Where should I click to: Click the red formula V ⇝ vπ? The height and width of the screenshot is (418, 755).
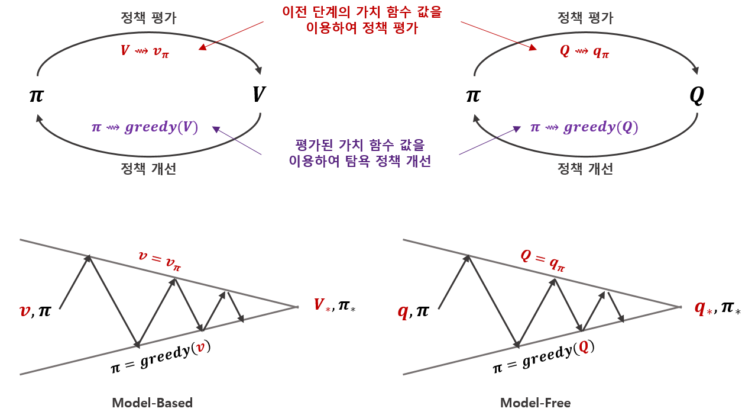145,51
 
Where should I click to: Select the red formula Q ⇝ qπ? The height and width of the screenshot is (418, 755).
584,52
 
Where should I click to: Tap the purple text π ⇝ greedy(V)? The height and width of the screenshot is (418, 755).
144,127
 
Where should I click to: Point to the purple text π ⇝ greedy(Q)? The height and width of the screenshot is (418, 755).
584,127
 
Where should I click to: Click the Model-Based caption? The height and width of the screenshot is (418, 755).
152,403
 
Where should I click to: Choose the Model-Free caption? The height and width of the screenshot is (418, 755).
535,403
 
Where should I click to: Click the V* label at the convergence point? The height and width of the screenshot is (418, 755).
322,306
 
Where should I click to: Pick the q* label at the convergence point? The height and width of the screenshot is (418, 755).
703,308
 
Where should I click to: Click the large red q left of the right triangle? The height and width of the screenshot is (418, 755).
403,312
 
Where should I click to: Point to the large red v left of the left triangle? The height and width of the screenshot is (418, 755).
25,310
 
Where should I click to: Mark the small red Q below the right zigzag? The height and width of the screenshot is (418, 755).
584,348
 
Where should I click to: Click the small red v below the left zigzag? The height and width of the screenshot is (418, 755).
200,348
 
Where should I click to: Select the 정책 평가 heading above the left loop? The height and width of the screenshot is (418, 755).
148,18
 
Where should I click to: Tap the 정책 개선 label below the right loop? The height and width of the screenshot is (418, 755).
585,169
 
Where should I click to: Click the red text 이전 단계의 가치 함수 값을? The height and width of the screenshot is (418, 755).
361,12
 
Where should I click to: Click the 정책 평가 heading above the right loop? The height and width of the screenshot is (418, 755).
585,18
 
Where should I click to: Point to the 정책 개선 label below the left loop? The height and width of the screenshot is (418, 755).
148,169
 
